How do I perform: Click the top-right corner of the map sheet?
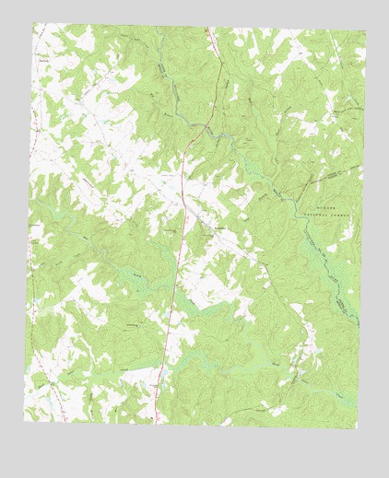pos(366,34)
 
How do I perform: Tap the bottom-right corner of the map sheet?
pos(356,429)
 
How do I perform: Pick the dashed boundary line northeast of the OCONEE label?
pos(341,170)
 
